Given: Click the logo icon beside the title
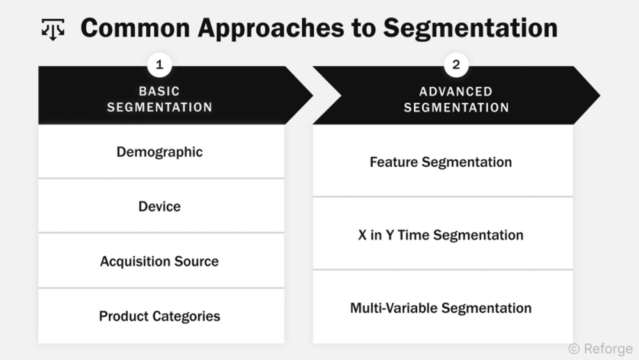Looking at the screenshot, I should click(53, 29).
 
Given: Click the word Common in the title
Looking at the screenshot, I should click(136, 29).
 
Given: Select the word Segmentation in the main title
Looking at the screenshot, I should click(470, 29).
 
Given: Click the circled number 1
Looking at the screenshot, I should click(160, 65).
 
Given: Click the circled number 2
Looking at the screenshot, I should click(456, 65).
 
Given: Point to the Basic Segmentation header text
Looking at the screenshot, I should click(160, 99).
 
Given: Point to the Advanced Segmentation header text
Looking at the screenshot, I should click(456, 99).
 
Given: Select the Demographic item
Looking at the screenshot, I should click(160, 152).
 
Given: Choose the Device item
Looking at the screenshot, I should click(160, 207).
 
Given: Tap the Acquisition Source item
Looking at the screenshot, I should click(160, 262).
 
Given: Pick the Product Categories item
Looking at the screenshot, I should click(160, 316).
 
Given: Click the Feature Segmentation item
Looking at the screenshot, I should click(441, 162).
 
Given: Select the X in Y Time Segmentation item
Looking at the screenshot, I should click(441, 235).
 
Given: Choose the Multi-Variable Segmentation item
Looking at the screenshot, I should click(441, 308).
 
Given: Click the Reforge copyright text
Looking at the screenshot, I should click(600, 349).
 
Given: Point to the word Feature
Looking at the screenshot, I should click(393, 162).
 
